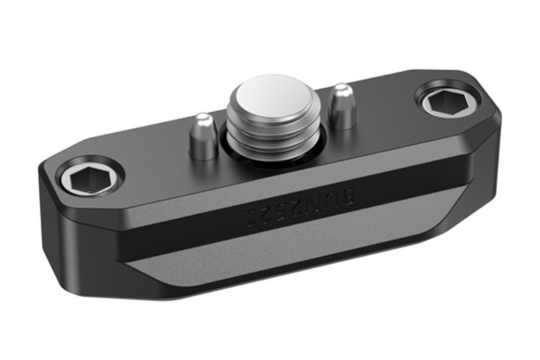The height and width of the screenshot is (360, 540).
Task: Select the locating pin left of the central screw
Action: point(204,136)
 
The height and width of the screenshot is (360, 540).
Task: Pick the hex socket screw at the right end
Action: point(448,103)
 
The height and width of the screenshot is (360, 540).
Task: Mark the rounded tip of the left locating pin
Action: point(203,118)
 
